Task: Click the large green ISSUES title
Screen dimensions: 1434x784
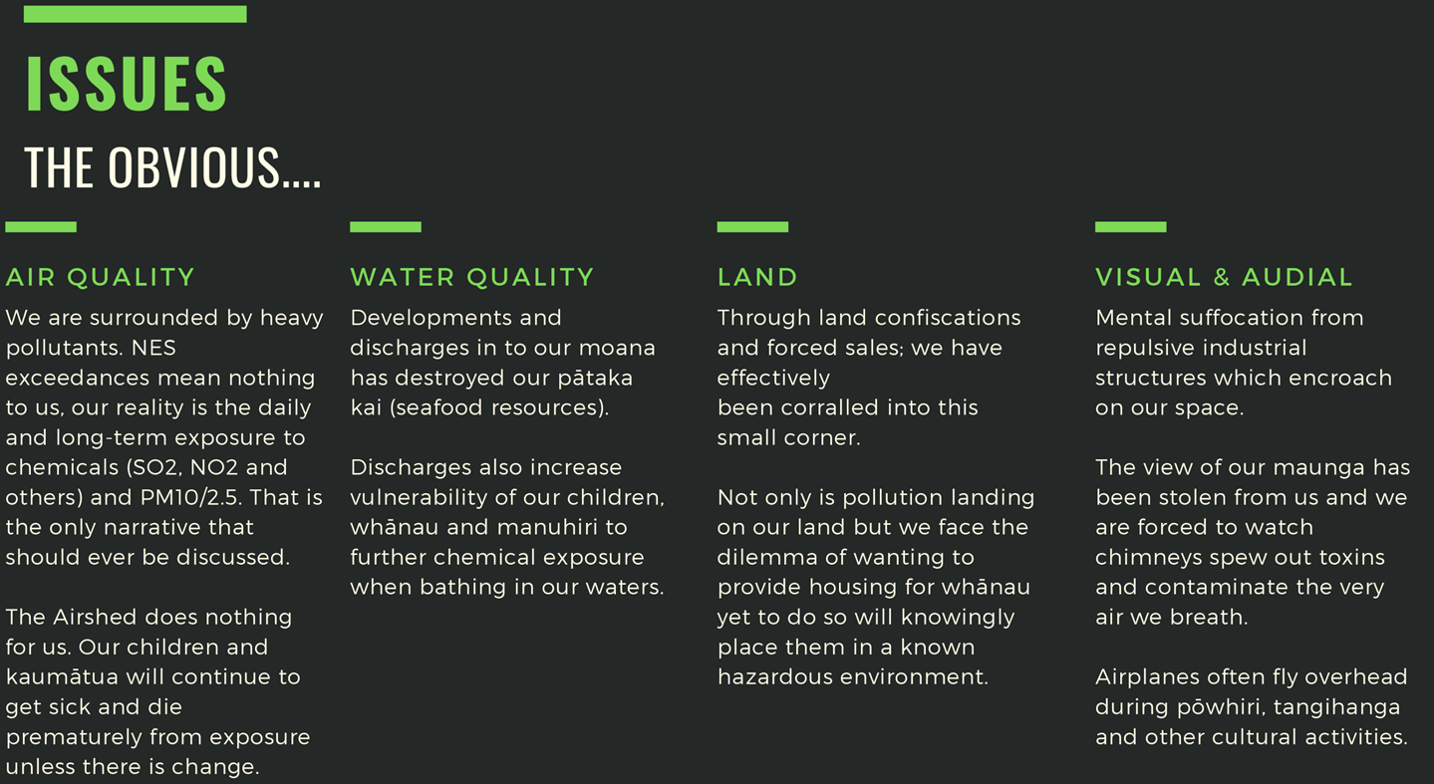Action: pos(127,84)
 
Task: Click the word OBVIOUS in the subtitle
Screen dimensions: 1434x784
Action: pos(194,167)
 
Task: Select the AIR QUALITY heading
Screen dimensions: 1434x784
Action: pos(100,277)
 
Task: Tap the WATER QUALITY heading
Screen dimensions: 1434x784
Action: pos(472,277)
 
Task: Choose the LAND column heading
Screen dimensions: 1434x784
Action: pos(757,277)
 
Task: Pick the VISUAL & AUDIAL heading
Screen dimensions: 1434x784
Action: pos(1224,277)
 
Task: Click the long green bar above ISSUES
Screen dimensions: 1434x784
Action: pos(136,14)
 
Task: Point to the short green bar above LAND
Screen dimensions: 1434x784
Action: pos(752,226)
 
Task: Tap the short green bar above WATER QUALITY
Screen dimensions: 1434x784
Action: pos(386,226)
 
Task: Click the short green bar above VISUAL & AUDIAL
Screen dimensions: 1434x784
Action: pos(1130,226)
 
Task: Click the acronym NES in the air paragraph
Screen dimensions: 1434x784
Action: pos(153,348)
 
